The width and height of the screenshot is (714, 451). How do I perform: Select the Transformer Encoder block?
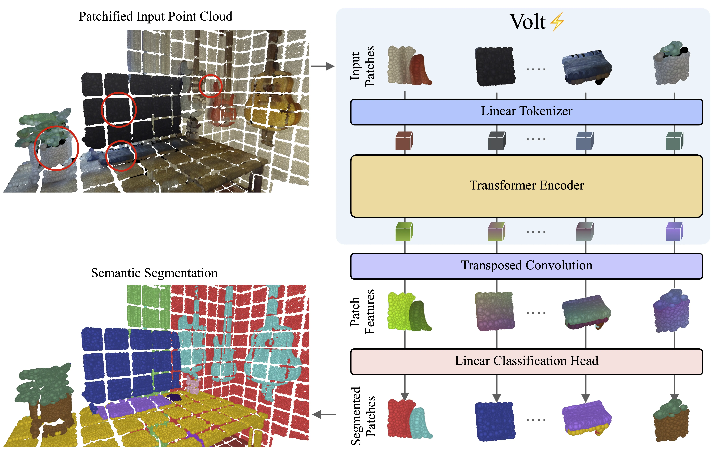(x=526, y=186)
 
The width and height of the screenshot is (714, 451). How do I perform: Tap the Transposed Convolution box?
(x=526, y=266)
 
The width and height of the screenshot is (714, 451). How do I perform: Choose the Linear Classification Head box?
(x=526, y=361)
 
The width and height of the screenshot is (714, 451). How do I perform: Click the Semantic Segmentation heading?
(x=154, y=273)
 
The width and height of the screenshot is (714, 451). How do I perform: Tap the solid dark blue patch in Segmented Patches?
(x=495, y=421)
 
